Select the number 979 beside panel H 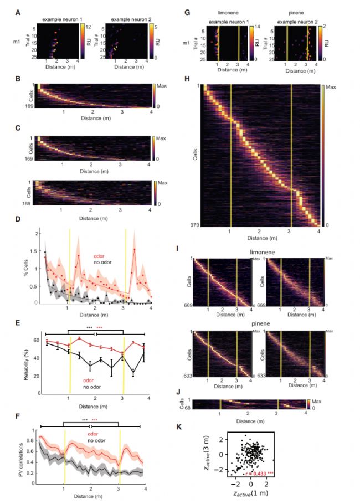[189, 224]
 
